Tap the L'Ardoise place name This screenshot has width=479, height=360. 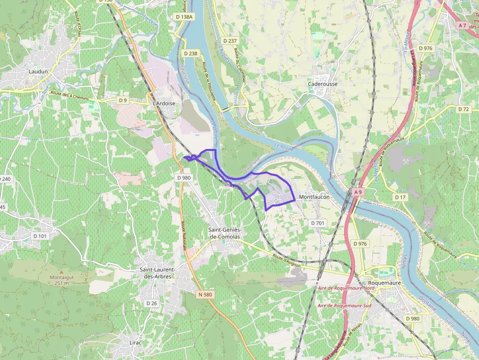(x=164, y=104)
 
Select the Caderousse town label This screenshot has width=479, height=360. (x=323, y=84)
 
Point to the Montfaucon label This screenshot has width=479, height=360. (x=314, y=197)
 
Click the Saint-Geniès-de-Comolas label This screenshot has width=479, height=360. (x=225, y=233)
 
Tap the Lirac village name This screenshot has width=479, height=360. (x=135, y=342)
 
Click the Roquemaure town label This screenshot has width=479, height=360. (x=385, y=282)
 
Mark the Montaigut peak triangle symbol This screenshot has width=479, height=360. (x=62, y=272)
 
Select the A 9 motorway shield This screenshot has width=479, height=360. (x=358, y=192)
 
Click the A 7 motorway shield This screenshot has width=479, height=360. (x=462, y=25)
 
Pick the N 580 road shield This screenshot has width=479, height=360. (x=206, y=295)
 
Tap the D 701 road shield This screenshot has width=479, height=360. (x=317, y=223)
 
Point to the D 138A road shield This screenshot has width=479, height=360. (x=184, y=17)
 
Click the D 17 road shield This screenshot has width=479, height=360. (x=400, y=197)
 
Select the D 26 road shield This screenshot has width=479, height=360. (x=152, y=303)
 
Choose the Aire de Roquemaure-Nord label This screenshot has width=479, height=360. (x=345, y=288)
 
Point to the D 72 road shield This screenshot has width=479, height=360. (x=464, y=109)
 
